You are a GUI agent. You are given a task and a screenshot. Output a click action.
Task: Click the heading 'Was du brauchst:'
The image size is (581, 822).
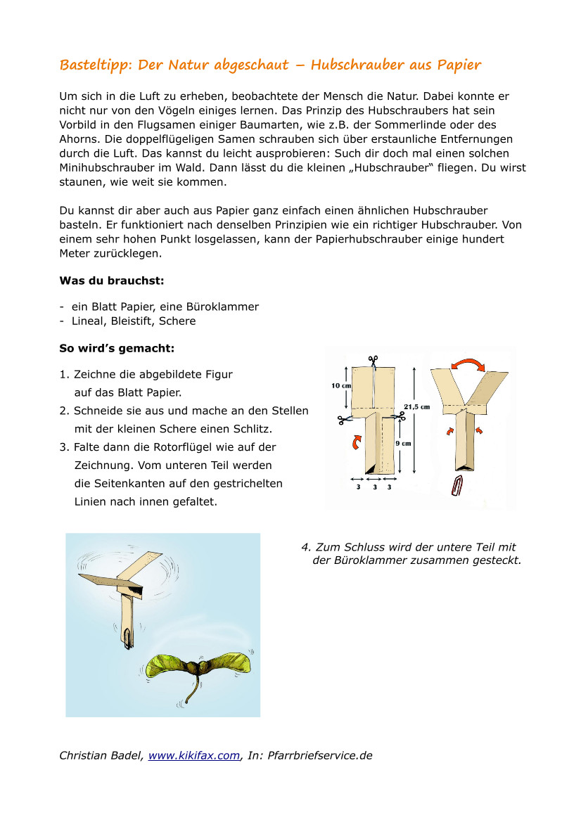click(112, 280)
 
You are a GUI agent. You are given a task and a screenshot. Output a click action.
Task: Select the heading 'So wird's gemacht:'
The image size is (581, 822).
click(117, 348)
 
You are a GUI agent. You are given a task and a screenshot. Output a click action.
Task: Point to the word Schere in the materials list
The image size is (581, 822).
click(177, 321)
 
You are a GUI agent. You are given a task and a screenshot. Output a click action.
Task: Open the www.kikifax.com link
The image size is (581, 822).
click(194, 756)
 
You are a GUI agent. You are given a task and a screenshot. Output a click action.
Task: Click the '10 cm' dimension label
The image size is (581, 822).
click(341, 385)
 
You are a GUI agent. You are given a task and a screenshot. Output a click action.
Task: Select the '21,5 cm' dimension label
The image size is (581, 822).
click(416, 406)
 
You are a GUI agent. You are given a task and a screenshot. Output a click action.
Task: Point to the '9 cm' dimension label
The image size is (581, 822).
click(402, 444)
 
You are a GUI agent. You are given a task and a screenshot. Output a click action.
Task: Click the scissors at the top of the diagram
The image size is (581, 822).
click(373, 361)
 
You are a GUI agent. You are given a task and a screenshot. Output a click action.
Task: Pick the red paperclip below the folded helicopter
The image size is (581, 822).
click(459, 486)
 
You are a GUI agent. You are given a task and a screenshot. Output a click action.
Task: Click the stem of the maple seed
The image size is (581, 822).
click(189, 693)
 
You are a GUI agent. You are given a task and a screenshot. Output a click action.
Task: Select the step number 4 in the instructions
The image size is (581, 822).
click(305, 547)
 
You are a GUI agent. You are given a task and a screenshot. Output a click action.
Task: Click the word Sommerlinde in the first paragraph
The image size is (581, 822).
click(413, 124)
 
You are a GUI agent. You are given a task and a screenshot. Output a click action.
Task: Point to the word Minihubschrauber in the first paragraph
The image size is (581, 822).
click(104, 168)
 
